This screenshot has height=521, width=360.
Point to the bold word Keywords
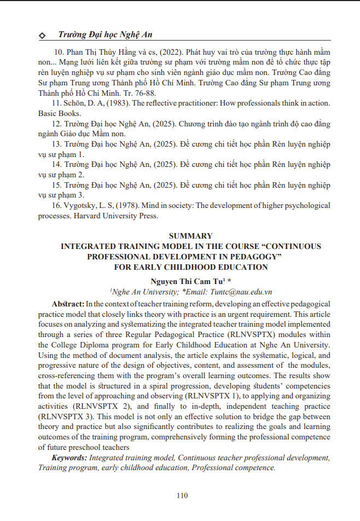pyautogui.click(x=69, y=458)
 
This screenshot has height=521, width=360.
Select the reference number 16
pyautogui.click(x=56, y=205)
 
